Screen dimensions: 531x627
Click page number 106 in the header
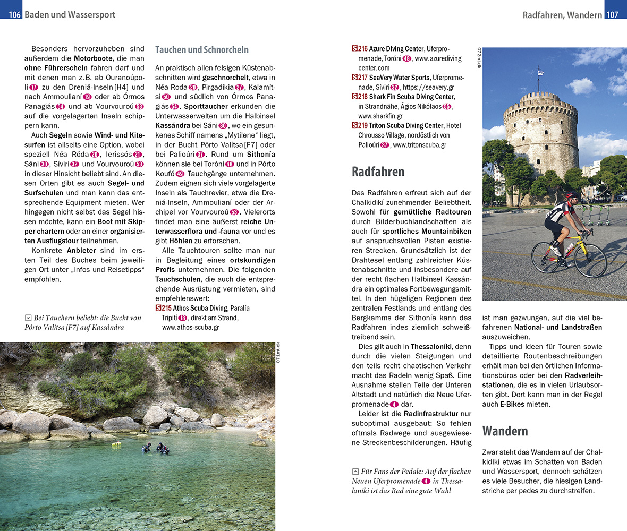click(x=14, y=15)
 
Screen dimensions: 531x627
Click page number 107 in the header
click(x=612, y=15)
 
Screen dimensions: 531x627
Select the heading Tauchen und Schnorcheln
click(x=201, y=50)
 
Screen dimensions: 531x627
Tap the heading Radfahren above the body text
click(x=378, y=172)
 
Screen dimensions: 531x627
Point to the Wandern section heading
click(x=505, y=431)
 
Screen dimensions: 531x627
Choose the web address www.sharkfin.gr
click(x=380, y=116)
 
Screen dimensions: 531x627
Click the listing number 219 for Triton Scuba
click(x=360, y=125)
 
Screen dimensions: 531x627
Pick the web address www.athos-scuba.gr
click(x=190, y=327)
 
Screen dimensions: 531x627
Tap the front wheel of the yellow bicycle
click(x=590, y=261)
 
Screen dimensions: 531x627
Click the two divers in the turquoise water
click(x=156, y=448)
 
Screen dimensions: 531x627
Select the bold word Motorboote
click(x=94, y=58)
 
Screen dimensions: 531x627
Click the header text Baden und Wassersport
click(x=70, y=15)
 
